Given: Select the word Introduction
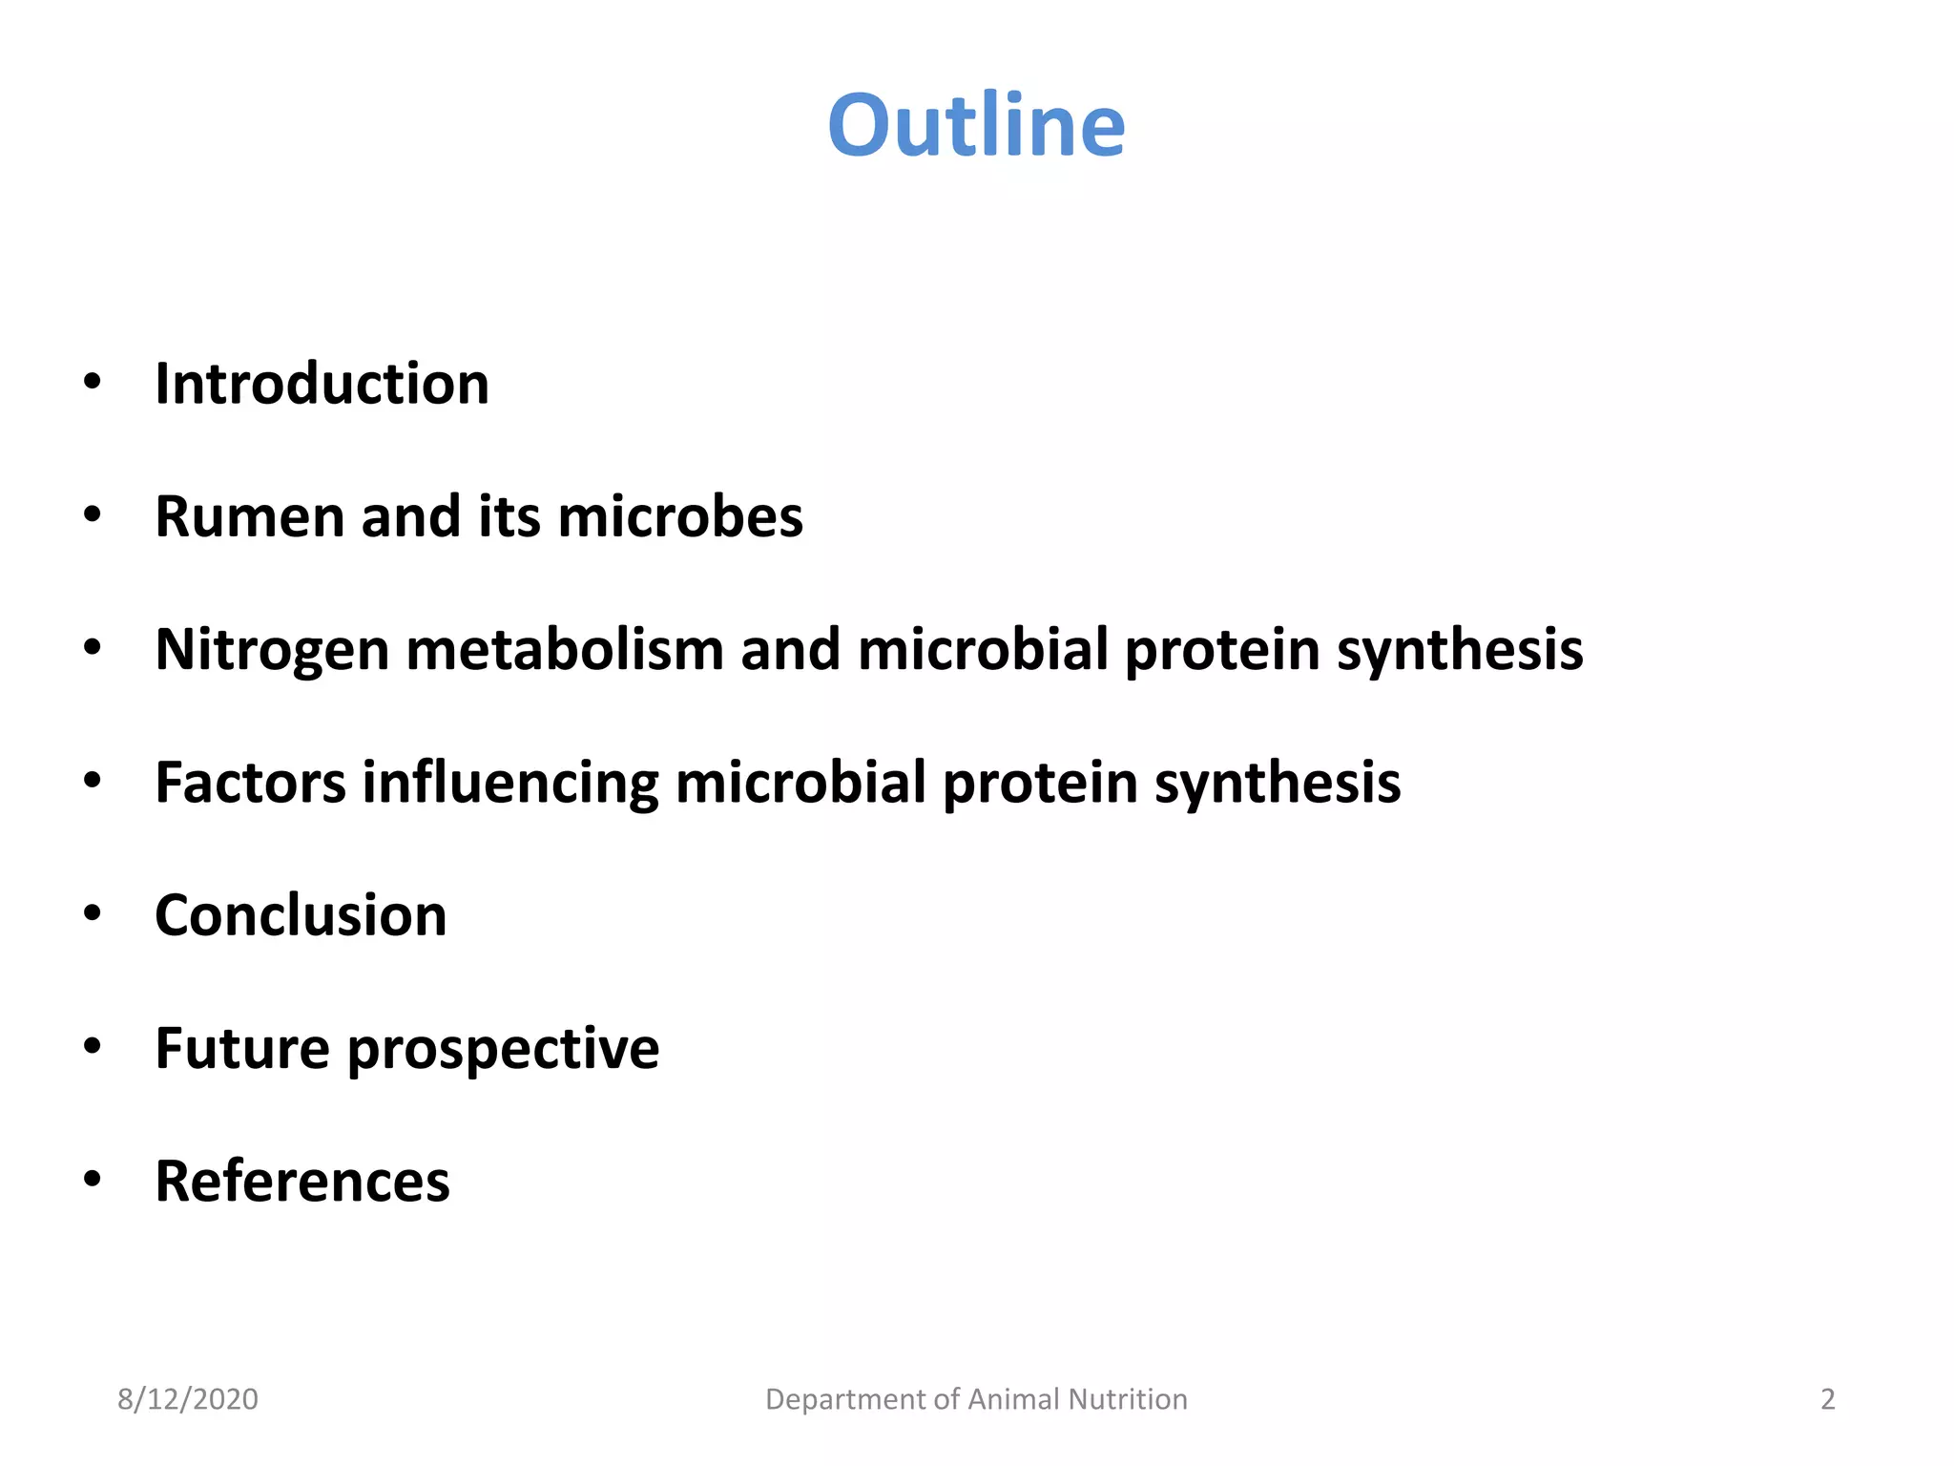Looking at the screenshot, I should click(322, 384).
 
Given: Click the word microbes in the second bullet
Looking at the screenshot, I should click(679, 516).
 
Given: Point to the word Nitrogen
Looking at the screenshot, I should click(272, 651).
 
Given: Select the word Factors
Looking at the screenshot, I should click(250, 783).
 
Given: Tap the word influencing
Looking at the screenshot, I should click(509, 785).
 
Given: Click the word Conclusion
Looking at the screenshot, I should click(301, 915).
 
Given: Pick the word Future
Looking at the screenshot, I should click(242, 1048).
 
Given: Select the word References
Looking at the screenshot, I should click(301, 1182).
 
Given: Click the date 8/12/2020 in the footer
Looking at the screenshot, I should click(187, 1399).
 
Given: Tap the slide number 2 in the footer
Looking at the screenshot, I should click(1827, 1399).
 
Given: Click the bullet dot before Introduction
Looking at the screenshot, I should click(92, 382).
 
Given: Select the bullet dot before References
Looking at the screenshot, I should click(92, 1180).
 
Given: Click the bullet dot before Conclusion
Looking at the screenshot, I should click(92, 913).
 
